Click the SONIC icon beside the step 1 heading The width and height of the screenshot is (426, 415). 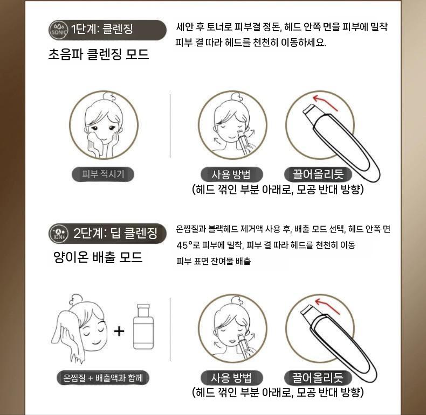click(58, 30)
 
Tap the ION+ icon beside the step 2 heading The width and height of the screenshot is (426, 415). click(58, 233)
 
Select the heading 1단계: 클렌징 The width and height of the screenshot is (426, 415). click(102, 29)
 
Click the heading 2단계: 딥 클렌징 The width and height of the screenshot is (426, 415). click(115, 233)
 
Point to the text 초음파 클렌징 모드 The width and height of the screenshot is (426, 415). click(99, 54)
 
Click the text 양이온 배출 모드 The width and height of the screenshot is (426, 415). click(98, 257)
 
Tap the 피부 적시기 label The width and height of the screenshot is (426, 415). click(103, 174)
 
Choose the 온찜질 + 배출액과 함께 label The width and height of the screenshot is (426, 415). click(103, 377)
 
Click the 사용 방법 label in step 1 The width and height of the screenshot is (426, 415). click(231, 174)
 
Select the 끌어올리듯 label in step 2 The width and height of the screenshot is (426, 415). click(318, 377)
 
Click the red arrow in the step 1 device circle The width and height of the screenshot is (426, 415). click(324, 102)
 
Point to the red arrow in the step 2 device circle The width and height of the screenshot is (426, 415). click(327, 306)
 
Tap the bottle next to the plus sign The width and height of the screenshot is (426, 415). click(143, 327)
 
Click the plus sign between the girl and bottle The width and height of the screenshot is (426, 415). click(119, 331)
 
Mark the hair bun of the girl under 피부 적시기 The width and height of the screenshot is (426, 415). click(109, 96)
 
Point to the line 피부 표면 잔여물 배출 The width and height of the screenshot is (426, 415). click(214, 261)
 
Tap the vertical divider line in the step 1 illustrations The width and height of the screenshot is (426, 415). click(170, 126)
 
